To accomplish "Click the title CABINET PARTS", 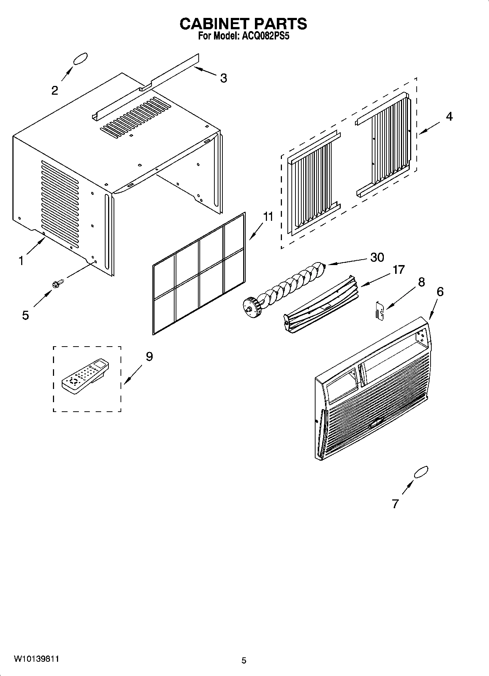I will (x=243, y=24).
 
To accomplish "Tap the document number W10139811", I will (x=37, y=659).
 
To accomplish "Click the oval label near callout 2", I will (x=80, y=59).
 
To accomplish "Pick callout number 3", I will (x=224, y=78).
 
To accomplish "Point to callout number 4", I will (x=449, y=116).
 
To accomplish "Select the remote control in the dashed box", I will (x=86, y=376).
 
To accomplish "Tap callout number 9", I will (x=149, y=356).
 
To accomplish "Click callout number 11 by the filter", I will (x=268, y=217).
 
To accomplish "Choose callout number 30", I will (x=377, y=257).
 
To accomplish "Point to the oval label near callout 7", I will (x=421, y=472).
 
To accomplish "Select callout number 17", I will (x=398, y=269).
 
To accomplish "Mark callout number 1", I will (x=21, y=261).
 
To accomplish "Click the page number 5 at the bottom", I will (x=244, y=660).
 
